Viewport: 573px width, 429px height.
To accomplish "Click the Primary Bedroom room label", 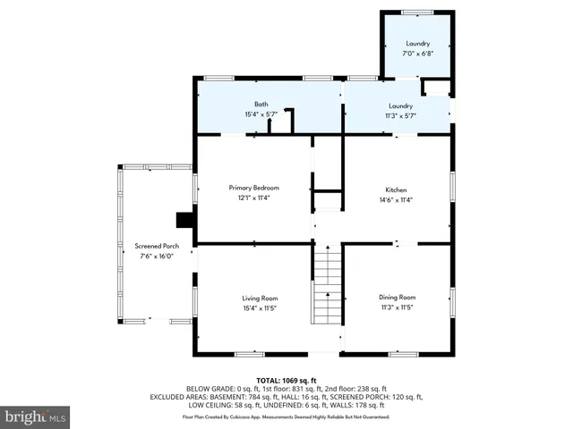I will pyautogui.click(x=254, y=188).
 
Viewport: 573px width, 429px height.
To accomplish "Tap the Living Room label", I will pyautogui.click(x=260, y=298).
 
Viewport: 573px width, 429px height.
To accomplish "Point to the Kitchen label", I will pyautogui.click(x=397, y=190).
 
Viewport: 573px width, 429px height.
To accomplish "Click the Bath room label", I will pyautogui.click(x=261, y=105).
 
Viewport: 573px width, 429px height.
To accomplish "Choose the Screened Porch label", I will pyautogui.click(x=158, y=246).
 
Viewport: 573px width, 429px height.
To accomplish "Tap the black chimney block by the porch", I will pyautogui.click(x=185, y=220).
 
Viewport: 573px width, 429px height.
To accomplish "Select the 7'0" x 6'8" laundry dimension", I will pyautogui.click(x=417, y=54).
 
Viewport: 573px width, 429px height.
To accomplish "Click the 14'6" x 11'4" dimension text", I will pyautogui.click(x=397, y=200).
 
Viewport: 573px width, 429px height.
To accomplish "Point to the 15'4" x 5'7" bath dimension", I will pyautogui.click(x=261, y=114).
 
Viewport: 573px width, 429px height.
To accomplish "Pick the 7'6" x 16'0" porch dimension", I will pyautogui.click(x=158, y=257).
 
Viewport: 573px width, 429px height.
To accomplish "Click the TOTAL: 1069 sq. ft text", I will pyautogui.click(x=286, y=380).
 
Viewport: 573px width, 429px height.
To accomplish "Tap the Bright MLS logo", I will pyautogui.click(x=36, y=416).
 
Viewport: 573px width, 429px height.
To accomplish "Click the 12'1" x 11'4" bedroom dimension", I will pyautogui.click(x=254, y=198).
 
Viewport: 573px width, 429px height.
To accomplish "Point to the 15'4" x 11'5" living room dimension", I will pyautogui.click(x=260, y=307).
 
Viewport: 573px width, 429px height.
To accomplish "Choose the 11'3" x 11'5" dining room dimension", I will pyautogui.click(x=397, y=307).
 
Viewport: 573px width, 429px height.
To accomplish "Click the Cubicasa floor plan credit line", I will pyautogui.click(x=286, y=416).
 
